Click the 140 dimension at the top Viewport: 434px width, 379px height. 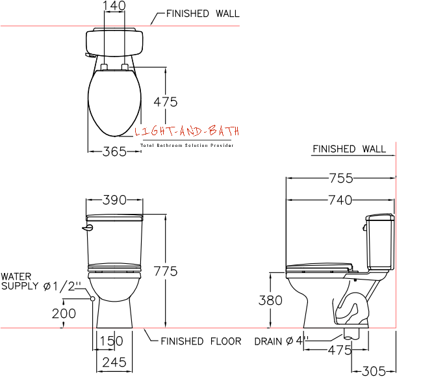tap(114, 6)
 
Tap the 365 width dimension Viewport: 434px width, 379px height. tap(114, 151)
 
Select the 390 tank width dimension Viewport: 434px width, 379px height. tap(114, 200)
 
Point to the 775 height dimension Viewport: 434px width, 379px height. tap(166, 271)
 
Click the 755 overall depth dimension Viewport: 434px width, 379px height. tap(341, 178)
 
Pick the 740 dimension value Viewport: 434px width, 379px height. tap(340, 200)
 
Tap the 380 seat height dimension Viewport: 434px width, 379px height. tap(270, 300)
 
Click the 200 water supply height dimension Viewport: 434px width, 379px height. tap(64, 313)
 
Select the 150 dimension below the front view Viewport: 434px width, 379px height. tap(111, 341)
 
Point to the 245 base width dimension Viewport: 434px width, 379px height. tap(114, 362)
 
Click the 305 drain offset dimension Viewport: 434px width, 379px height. tap(374, 371)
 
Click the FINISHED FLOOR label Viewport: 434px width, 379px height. tap(201, 341)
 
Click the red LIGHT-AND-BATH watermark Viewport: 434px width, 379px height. tap(187, 131)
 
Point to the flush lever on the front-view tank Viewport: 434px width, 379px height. tap(88, 228)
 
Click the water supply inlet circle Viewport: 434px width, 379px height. tap(93, 298)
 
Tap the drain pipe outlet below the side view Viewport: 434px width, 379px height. tap(351, 334)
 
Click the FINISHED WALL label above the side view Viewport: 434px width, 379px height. tap(350, 149)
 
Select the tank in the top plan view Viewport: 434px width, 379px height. tap(114, 42)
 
